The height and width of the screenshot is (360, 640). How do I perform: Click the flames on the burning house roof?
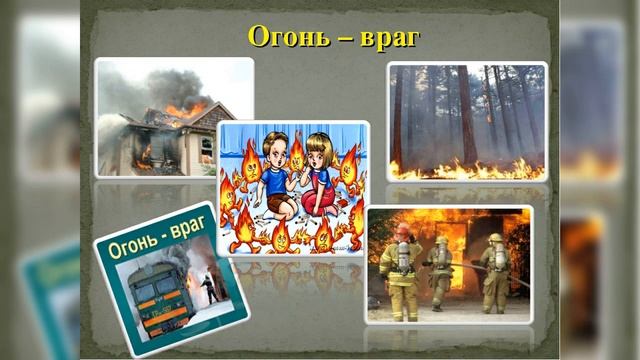[186, 109]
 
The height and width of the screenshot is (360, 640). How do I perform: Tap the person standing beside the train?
[208, 290]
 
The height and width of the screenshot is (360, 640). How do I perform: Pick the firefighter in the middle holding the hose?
[440, 270]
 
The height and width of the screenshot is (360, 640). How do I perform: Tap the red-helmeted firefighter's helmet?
[402, 231]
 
